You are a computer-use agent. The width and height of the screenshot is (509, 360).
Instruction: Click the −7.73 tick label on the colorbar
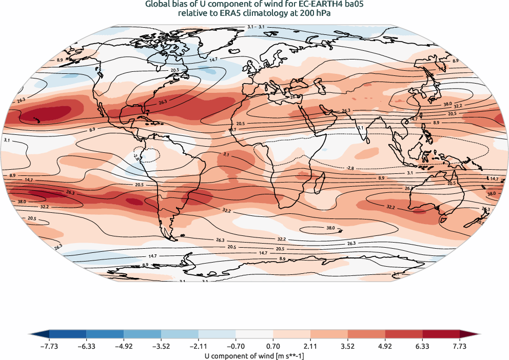49,346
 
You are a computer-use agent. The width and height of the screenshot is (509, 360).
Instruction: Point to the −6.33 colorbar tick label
86,346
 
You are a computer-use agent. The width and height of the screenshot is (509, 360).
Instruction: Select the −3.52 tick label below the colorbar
161,346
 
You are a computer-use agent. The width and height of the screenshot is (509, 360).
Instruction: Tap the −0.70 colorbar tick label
236,346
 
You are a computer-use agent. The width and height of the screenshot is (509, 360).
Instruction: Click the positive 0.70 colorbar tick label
273,346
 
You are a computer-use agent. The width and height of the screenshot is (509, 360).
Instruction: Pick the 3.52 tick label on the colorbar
348,346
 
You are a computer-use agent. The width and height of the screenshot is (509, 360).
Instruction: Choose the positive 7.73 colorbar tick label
460,346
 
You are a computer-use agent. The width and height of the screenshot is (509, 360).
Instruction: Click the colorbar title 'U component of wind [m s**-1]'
254,355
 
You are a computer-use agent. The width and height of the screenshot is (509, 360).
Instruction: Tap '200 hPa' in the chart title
316,14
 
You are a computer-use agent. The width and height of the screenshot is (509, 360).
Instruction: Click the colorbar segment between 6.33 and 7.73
441,335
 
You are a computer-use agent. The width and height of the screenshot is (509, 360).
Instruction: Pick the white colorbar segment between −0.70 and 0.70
254,335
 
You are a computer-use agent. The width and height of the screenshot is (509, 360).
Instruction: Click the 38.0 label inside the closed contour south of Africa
330,228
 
